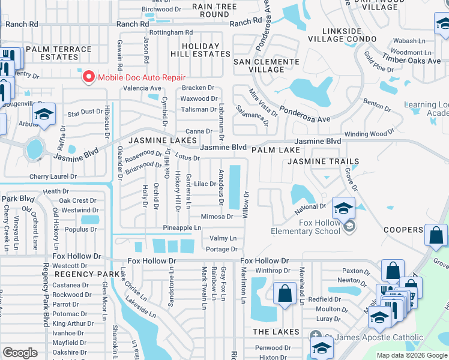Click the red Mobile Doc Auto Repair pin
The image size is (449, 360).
coord(89,77)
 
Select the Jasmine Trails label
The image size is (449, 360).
coord(323,161)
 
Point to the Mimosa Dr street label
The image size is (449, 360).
coord(217,217)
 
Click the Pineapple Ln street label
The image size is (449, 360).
coord(182,228)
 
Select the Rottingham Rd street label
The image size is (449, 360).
coord(171,32)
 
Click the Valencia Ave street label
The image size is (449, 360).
coord(142,88)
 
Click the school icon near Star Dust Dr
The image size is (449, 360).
coord(44,115)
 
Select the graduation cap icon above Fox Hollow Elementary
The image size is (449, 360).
coord(343,208)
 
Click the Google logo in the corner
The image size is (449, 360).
coord(20,353)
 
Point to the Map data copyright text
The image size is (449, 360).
coord(412,355)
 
